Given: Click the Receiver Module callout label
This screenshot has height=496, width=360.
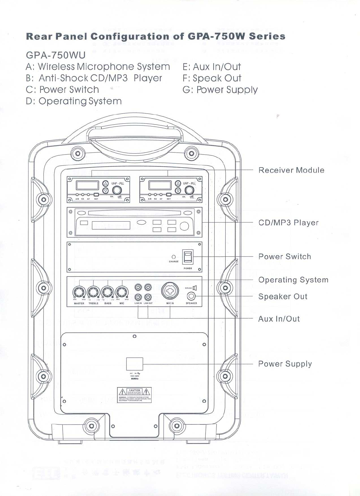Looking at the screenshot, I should click(x=291, y=170).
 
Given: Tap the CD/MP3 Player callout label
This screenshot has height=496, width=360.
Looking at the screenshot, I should click(x=288, y=223).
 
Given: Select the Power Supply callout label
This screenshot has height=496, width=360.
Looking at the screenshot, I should click(x=285, y=364).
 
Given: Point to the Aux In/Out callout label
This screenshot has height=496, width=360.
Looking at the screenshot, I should click(x=279, y=319).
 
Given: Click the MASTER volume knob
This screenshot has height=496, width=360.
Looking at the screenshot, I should click(x=79, y=292).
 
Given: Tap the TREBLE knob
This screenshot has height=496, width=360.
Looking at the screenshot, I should click(x=93, y=292).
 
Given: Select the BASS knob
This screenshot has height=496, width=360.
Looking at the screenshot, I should click(x=108, y=292).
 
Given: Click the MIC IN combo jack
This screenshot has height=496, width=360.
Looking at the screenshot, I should click(x=170, y=291).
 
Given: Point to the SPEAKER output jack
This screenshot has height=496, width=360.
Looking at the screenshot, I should click(x=191, y=296).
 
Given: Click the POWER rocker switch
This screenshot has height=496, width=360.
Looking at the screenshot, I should click(x=188, y=257).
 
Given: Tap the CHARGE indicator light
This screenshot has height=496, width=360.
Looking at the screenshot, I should click(x=174, y=257).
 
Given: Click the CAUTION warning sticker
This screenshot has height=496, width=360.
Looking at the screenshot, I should click(x=134, y=395).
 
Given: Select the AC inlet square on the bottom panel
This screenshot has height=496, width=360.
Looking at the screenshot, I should click(x=134, y=364).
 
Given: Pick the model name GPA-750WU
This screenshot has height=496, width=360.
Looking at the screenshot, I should click(x=56, y=55).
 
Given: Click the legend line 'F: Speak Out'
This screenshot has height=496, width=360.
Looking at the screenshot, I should click(x=212, y=78).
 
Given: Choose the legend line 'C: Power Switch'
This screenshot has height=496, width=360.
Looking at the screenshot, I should click(x=62, y=89).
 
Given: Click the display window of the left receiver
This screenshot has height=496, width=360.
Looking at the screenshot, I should click(x=87, y=185).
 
